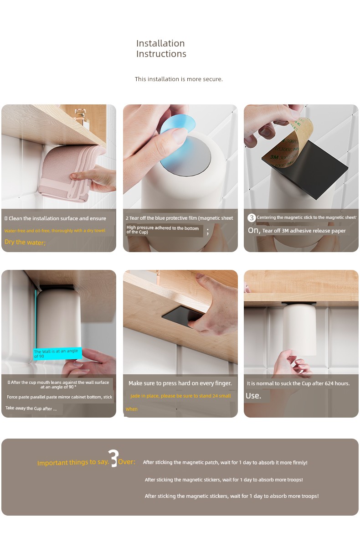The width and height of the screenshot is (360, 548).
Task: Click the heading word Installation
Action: pos(160,43)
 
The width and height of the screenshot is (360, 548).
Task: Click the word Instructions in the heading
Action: pos(161,54)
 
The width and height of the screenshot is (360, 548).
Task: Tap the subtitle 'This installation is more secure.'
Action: pos(179,79)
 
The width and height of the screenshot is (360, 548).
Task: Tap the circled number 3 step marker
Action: pos(252,218)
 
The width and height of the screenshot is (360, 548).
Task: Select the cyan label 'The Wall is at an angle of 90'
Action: pos(58,354)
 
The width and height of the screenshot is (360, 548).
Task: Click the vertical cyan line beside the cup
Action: pos(36,319)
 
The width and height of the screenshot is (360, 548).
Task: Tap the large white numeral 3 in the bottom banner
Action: pos(113,458)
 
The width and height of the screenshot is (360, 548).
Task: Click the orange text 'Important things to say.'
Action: pos(73,462)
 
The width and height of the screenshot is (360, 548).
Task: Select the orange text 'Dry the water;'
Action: pos(25,242)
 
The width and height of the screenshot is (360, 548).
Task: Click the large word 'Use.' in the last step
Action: pos(253,396)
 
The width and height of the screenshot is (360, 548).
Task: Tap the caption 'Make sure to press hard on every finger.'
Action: pos(180,383)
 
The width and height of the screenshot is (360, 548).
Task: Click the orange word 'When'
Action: pos(132,409)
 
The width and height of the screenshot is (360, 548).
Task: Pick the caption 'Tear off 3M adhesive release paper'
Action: pos(304,231)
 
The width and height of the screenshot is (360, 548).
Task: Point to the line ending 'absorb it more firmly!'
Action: pos(225,462)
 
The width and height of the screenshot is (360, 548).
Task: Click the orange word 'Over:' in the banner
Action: pos(127,462)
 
